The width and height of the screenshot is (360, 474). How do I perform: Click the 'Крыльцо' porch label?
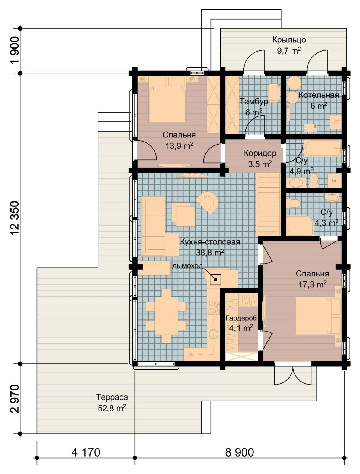[289, 40]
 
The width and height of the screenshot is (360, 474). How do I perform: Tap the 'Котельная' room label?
[319, 95]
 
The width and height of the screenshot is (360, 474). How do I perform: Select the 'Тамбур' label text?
[254, 101]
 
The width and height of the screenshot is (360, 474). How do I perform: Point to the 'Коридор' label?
[260, 153]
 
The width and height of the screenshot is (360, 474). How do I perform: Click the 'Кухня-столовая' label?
[210, 242]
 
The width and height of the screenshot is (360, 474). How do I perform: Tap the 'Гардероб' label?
[241, 318]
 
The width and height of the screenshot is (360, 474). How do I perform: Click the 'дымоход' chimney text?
[187, 266]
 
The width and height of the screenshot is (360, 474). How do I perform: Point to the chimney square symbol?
[215, 279]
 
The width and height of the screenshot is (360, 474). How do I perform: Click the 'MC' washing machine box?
[335, 181]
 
